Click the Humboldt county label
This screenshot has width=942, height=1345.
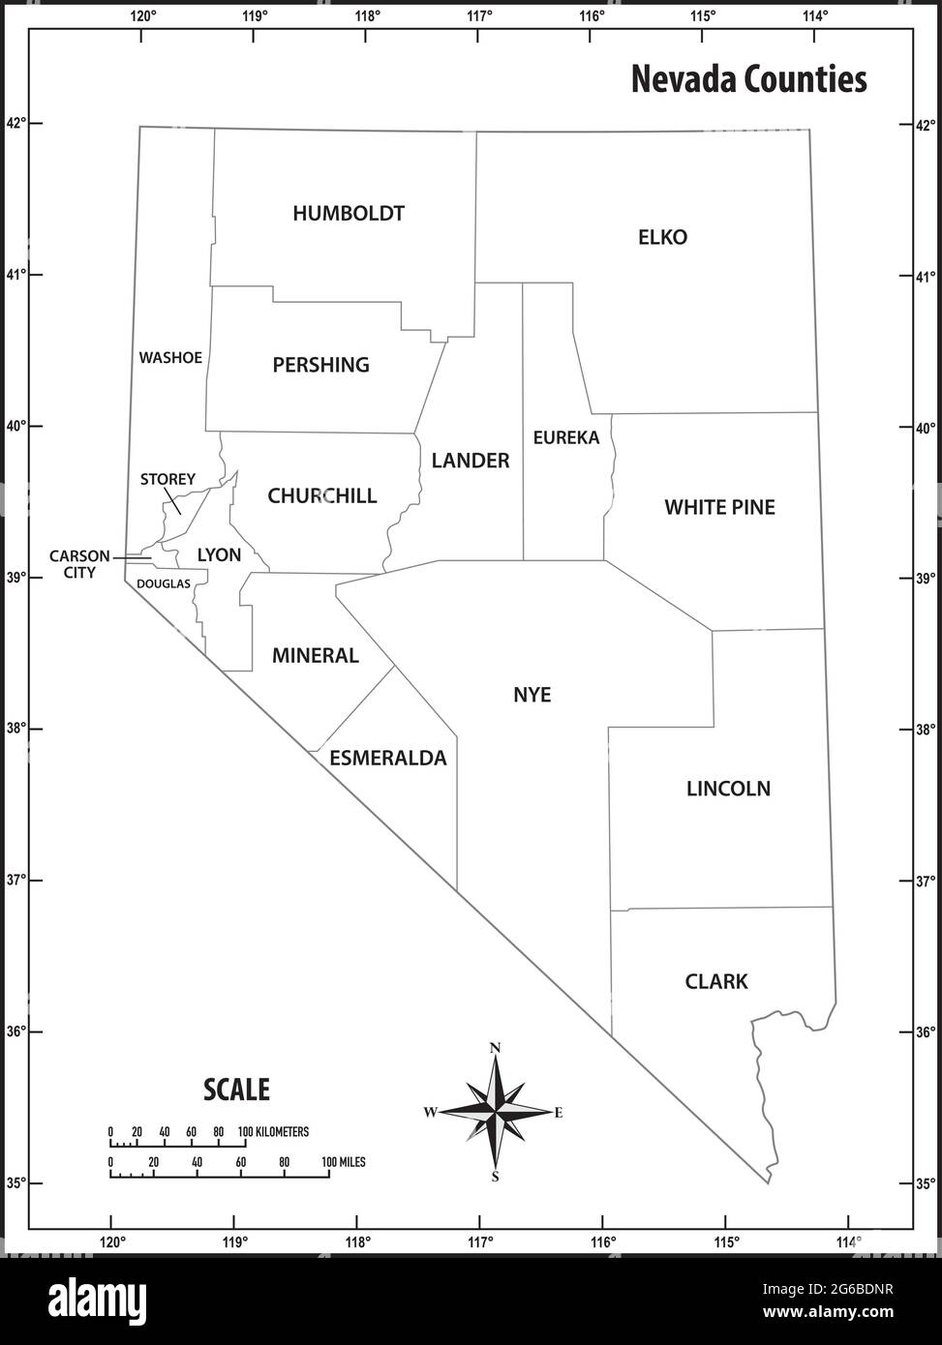(x=349, y=214)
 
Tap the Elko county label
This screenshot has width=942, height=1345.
(x=662, y=237)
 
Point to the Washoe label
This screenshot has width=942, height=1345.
(x=170, y=358)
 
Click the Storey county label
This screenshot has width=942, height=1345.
(x=167, y=479)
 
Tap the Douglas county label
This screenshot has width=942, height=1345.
(x=164, y=583)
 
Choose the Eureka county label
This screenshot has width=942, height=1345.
(x=566, y=437)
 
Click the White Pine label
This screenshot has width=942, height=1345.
(x=719, y=507)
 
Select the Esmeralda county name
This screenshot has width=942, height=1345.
(x=388, y=758)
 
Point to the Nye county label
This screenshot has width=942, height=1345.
(x=532, y=695)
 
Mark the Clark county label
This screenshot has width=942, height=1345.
(x=716, y=982)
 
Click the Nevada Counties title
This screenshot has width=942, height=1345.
(x=748, y=79)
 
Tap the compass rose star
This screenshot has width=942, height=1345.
(x=496, y=1113)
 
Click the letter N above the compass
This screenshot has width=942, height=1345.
(x=496, y=1048)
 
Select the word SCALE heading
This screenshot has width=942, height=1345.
(x=236, y=1090)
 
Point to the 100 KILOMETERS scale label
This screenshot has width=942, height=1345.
(x=274, y=1131)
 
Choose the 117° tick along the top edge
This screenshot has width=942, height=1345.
(x=480, y=15)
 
